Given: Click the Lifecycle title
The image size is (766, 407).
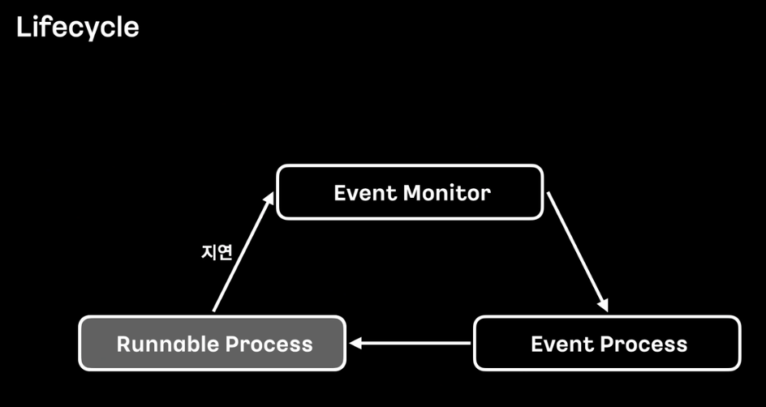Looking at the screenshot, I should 77,28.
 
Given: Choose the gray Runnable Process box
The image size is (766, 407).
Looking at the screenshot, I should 213,344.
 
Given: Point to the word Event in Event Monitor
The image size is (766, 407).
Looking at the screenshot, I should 365,193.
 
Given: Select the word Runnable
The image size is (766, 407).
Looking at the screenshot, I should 167,344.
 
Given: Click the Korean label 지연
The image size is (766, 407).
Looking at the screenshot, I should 217,252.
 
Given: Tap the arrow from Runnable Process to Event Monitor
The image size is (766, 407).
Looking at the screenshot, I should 241,254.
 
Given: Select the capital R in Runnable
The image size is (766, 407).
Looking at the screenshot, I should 123,344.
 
